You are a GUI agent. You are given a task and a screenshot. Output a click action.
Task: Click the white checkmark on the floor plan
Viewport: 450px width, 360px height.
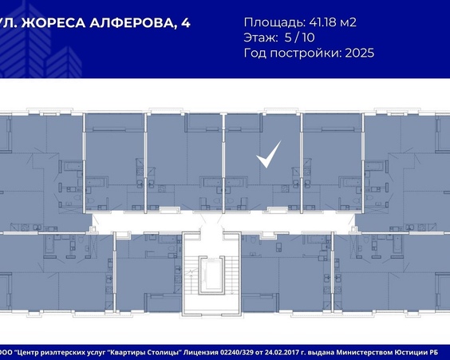(x=268, y=154)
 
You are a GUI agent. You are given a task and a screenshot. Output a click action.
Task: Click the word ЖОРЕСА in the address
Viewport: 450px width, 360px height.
(x=54, y=22)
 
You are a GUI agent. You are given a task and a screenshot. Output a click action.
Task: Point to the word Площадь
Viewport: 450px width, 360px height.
(x=274, y=22)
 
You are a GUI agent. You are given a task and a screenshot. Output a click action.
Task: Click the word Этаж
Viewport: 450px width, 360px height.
(x=261, y=38)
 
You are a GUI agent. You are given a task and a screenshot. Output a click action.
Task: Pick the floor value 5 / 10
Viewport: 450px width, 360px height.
(x=300, y=38)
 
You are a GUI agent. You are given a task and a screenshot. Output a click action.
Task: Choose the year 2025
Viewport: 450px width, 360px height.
(x=360, y=53)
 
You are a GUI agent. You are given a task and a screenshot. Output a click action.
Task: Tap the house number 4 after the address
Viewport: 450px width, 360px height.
(x=186, y=22)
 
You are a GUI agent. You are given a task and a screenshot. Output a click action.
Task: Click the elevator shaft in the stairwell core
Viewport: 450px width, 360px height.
(x=211, y=275)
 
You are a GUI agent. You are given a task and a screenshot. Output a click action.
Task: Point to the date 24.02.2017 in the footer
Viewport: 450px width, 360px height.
(x=282, y=352)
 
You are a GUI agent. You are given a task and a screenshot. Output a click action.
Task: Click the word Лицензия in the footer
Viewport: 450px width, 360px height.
(x=201, y=353)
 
